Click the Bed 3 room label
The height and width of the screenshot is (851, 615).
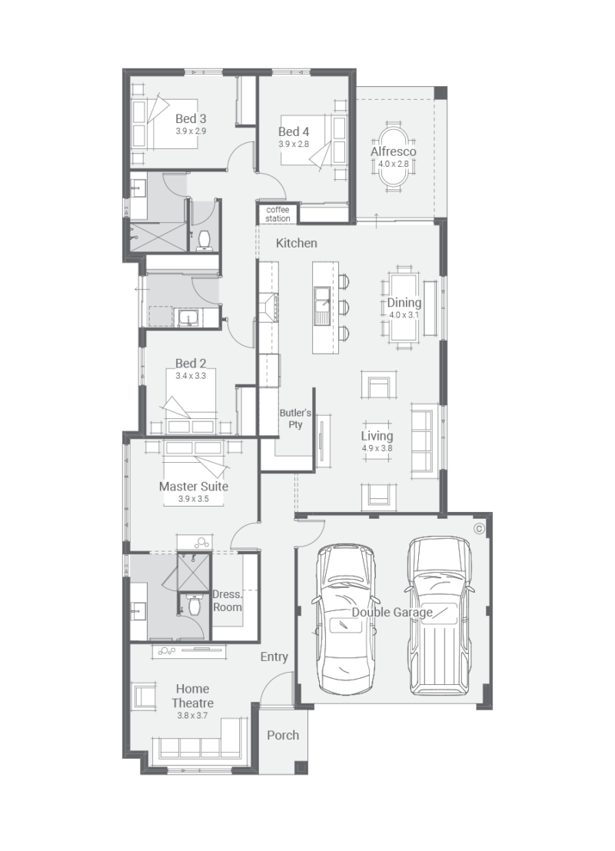191,118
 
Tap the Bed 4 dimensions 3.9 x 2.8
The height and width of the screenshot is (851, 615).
294,144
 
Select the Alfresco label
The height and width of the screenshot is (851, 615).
394,151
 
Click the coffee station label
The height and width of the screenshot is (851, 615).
278,214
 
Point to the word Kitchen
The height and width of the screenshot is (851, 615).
297,243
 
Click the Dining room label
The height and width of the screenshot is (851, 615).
404,303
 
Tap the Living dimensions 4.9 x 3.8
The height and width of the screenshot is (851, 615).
377,447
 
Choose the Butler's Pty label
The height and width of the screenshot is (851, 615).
295,418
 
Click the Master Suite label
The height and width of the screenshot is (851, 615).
194,486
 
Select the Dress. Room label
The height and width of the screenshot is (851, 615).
227,600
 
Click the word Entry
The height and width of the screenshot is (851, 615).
274,657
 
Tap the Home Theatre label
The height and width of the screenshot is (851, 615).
192,696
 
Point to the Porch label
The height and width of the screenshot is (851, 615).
283,735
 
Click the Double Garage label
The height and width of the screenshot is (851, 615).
392,612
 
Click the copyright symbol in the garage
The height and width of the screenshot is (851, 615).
479,528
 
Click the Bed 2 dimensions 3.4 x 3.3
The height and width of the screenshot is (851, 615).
191,376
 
